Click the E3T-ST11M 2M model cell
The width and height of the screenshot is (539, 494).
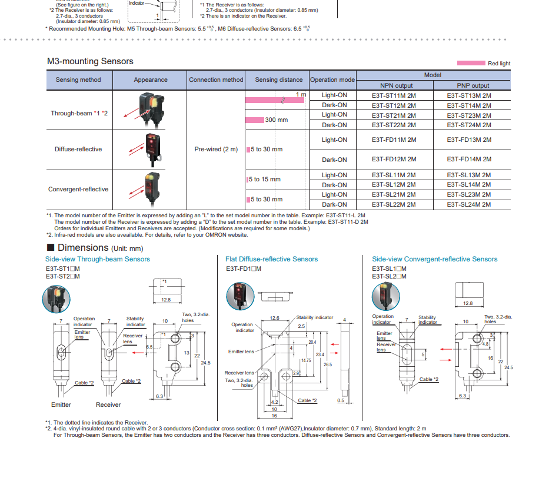(x=394, y=95)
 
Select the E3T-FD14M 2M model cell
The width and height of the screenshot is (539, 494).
(x=469, y=160)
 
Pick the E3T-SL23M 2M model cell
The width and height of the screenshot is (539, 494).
(x=469, y=195)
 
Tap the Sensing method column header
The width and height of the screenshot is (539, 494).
(x=78, y=80)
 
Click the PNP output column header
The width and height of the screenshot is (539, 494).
(x=473, y=85)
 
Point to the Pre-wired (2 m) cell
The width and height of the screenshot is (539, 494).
(x=216, y=150)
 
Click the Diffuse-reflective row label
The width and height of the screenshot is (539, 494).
(x=78, y=150)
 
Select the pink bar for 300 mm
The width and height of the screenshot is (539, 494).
(x=255, y=120)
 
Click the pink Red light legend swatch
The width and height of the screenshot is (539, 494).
(x=471, y=64)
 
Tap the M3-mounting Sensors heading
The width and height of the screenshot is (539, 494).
(x=90, y=61)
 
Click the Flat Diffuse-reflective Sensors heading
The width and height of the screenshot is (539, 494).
(x=272, y=259)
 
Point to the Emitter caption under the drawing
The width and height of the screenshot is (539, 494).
(x=61, y=405)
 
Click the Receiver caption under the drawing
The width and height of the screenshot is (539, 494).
(x=108, y=405)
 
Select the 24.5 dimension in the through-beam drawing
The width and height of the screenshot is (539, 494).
(x=205, y=363)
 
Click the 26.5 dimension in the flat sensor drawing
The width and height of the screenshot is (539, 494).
(x=328, y=364)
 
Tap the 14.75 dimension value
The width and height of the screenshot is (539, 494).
(x=306, y=360)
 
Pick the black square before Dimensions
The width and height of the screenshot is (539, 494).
(x=51, y=247)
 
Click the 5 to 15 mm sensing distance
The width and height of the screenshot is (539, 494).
(x=265, y=180)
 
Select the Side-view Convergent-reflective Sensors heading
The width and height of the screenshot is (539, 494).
(x=434, y=259)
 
